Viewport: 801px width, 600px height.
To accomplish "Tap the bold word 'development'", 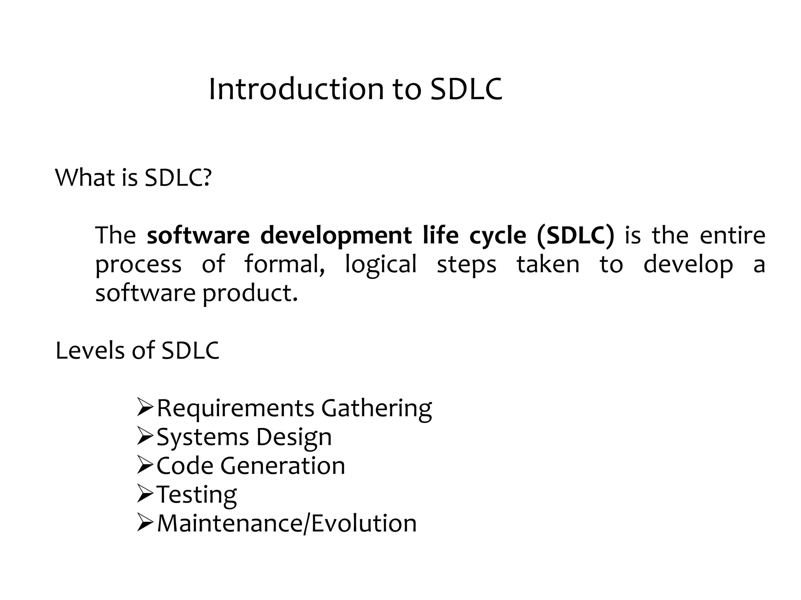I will (x=336, y=236).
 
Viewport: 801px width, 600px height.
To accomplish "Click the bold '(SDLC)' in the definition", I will (x=575, y=236).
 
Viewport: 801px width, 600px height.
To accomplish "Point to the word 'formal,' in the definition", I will (x=284, y=264).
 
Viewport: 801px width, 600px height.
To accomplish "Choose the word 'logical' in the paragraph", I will (x=381, y=264).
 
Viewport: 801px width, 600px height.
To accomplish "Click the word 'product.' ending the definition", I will (x=250, y=293).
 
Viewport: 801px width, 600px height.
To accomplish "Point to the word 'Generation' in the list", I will (x=282, y=466).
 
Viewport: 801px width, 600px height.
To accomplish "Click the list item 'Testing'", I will (x=197, y=495).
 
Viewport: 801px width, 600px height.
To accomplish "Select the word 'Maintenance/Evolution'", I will (x=287, y=523).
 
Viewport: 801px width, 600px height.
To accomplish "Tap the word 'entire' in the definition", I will (x=732, y=236).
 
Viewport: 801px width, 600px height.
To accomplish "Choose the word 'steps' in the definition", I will (x=466, y=265).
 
